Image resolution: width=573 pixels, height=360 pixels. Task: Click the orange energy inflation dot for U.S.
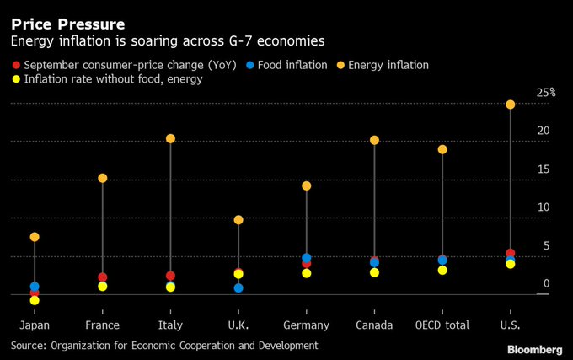tap(510, 105)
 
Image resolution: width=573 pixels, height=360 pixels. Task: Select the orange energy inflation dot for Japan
tap(35, 237)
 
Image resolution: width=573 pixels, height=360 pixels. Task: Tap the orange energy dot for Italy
tap(170, 138)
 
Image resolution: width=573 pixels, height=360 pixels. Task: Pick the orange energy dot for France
tap(103, 178)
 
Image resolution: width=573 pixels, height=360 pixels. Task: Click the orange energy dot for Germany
tap(307, 185)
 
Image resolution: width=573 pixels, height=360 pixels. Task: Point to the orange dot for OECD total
tap(442, 149)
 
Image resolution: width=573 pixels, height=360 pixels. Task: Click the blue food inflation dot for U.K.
tap(238, 288)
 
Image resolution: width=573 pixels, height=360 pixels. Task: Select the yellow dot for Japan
tap(35, 300)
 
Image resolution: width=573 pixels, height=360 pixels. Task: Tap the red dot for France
tap(103, 277)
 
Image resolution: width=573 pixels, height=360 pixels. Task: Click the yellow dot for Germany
tap(307, 273)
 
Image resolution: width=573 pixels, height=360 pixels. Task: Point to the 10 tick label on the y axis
tap(544, 207)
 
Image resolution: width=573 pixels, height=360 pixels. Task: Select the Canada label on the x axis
tap(373, 325)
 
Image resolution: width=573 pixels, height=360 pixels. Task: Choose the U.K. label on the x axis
tap(238, 325)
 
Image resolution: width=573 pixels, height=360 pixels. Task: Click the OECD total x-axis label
tap(442, 325)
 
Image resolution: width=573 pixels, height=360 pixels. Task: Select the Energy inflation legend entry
tap(388, 65)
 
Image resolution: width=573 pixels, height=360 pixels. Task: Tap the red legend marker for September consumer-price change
tap(15, 65)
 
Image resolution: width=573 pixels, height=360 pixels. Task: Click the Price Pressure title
tap(67, 24)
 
